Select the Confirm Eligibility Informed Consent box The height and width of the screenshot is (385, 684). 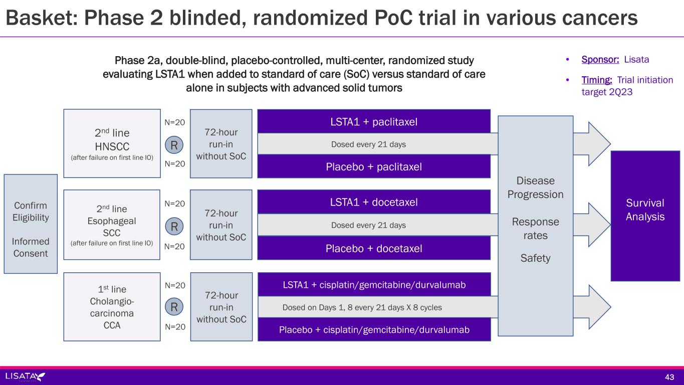(x=31, y=224)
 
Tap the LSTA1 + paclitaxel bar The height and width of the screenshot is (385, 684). (x=374, y=122)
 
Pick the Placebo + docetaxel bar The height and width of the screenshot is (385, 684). (x=374, y=249)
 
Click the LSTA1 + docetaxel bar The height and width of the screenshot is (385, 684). (x=374, y=203)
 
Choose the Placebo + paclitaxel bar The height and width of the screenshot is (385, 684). (x=374, y=166)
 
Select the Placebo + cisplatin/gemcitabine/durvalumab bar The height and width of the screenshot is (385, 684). (x=374, y=330)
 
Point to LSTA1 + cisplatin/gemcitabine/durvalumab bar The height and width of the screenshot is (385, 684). (x=374, y=285)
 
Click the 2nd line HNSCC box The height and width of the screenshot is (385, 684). (x=112, y=143)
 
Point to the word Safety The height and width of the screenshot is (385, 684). (x=535, y=259)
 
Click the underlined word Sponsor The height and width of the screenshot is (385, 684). (x=600, y=60)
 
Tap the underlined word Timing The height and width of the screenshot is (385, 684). (x=597, y=80)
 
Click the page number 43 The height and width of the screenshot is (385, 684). (x=669, y=377)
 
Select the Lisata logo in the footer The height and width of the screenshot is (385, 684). (x=25, y=376)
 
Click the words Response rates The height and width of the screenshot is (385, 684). (x=535, y=229)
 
